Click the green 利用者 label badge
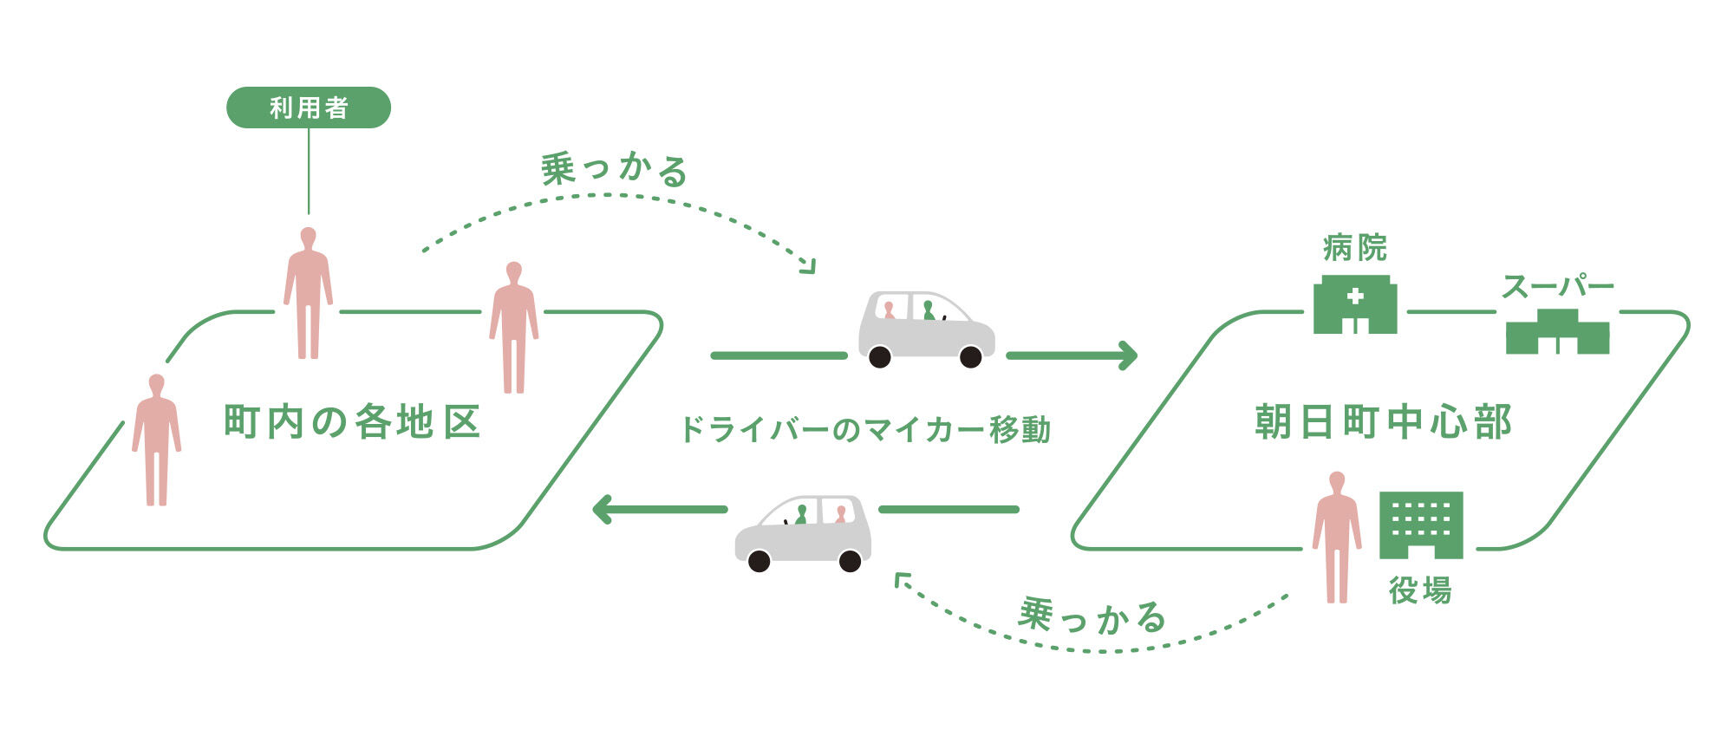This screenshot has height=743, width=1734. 309,108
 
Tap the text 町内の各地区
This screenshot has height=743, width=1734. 352,422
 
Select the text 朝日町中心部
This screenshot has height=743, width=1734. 1383,422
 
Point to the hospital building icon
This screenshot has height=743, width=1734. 1355,304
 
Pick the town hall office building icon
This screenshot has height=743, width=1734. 1420,525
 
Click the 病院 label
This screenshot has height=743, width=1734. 1355,248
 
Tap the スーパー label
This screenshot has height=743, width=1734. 1557,286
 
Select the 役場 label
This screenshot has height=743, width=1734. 1420,591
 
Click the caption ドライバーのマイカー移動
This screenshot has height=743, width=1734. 864,429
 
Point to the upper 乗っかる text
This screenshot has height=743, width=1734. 615,170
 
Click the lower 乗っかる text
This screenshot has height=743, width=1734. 1092,617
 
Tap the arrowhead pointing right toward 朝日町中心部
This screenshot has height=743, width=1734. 1128,355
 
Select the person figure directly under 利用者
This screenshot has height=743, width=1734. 308,292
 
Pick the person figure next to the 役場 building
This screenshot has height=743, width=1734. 1336,538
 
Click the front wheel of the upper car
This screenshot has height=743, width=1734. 971,356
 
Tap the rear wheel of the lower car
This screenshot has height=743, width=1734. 851,561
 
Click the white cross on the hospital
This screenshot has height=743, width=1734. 1355,296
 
